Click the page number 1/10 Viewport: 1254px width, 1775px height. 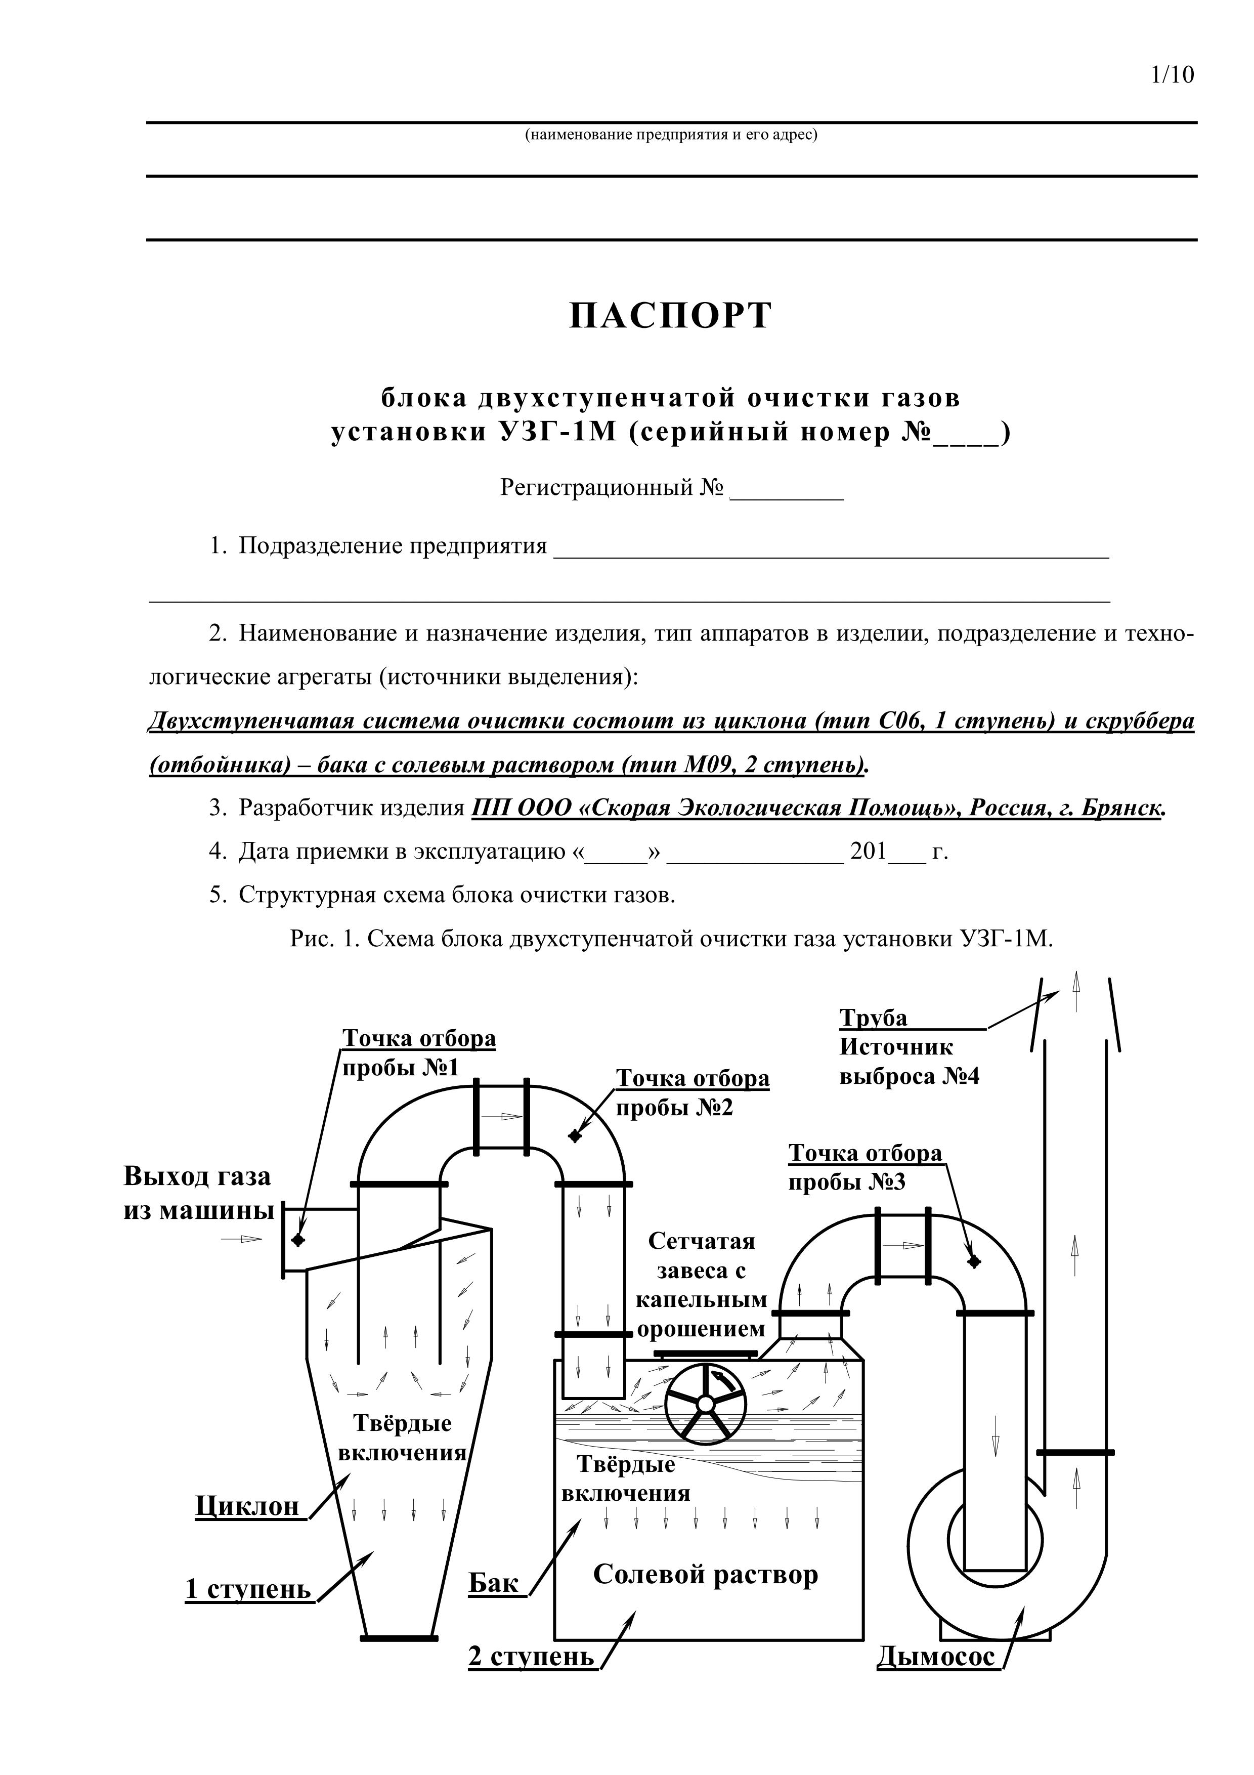pyautogui.click(x=1172, y=75)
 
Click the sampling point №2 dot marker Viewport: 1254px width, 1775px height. pyautogui.click(x=574, y=1135)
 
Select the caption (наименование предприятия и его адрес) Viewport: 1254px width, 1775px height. pyautogui.click(x=671, y=135)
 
